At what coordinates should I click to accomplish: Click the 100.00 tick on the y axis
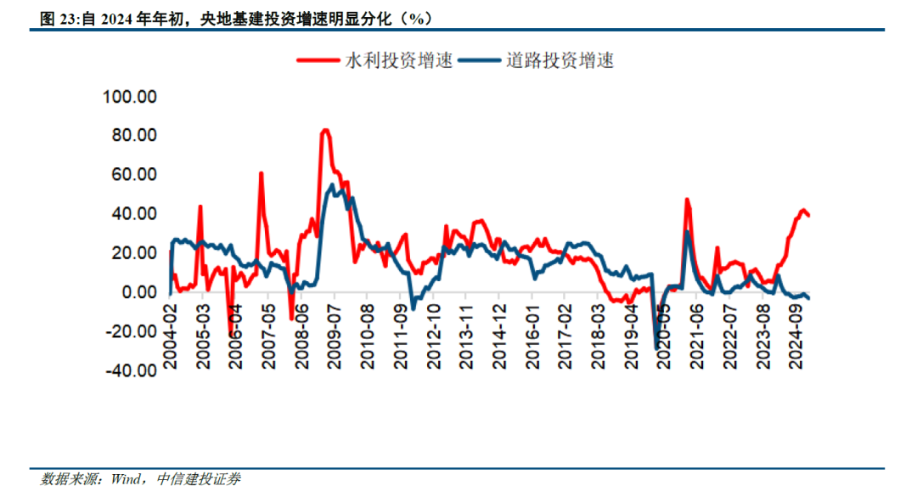[129, 97]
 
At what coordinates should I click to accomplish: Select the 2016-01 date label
[533, 337]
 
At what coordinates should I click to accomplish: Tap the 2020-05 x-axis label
[665, 337]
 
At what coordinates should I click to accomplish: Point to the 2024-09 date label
[796, 337]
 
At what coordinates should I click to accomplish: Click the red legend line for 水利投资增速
[318, 60]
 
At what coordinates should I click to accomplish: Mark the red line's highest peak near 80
[324, 130]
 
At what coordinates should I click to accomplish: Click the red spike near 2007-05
[261, 173]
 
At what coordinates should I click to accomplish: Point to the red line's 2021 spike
[686, 200]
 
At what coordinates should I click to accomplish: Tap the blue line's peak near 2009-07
[332, 185]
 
